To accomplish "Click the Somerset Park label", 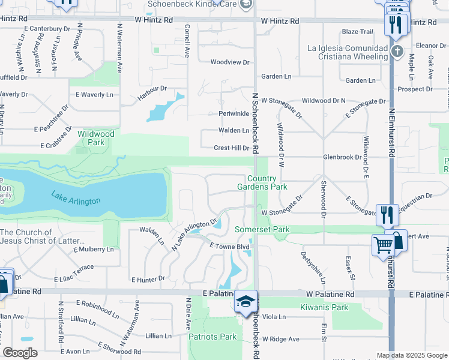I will click(x=262, y=229).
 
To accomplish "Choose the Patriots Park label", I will click(x=213, y=337).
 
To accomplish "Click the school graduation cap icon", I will click(x=245, y=301).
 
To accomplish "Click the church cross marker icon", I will click(x=397, y=51).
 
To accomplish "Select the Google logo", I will click(x=20, y=352).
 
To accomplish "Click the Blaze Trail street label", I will click(x=357, y=31).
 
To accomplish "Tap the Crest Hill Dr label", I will click(x=232, y=148).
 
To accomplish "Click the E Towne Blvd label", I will click(x=229, y=246).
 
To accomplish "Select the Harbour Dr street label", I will click(x=152, y=88).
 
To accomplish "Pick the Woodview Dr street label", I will click(x=229, y=62).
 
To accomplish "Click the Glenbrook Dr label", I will click(x=343, y=157).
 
